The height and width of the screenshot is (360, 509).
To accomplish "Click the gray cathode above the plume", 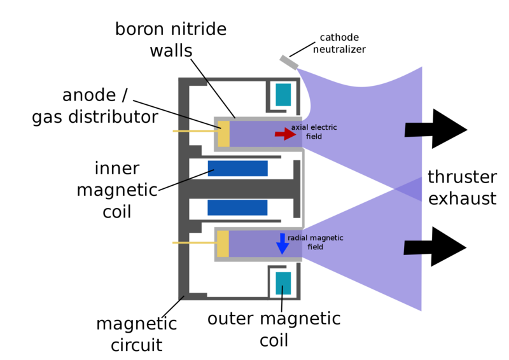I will (289, 62).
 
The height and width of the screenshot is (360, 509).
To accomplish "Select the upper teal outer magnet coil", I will (283, 95).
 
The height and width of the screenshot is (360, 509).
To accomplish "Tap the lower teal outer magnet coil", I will (283, 283).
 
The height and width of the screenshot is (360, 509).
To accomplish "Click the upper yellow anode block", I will (223, 134).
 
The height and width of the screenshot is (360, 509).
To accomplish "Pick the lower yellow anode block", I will (223, 244).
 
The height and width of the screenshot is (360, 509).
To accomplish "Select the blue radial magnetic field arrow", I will (282, 244).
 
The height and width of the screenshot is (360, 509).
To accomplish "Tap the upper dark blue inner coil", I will (238, 169).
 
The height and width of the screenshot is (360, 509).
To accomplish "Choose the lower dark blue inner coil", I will (237, 207).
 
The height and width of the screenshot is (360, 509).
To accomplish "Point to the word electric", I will (324, 128).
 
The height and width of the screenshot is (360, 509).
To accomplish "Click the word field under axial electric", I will (314, 137).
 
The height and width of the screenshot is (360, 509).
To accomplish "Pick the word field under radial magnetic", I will (315, 247).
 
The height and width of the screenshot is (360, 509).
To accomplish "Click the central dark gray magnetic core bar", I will (242, 188).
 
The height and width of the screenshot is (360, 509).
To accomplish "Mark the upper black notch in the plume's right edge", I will (414, 130).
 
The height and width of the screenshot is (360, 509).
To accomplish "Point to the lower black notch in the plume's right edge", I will (413, 247).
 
